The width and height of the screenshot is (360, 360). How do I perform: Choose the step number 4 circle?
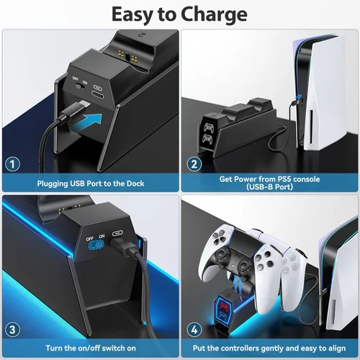click(x=194, y=329)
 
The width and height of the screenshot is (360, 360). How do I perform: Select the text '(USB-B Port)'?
click(x=271, y=189)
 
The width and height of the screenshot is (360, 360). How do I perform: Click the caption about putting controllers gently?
click(x=271, y=348)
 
